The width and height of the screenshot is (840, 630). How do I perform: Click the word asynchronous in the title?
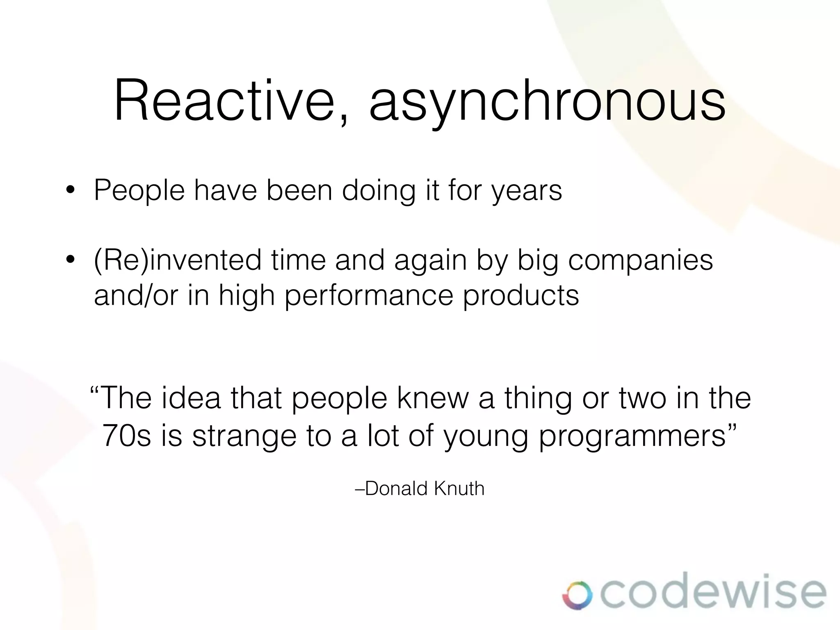(x=547, y=103)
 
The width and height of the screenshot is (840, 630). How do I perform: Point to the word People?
(x=139, y=191)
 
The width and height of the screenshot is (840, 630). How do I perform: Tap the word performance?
(x=369, y=296)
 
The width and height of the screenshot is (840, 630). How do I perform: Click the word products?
(x=521, y=296)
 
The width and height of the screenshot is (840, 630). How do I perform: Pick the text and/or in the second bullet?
(x=136, y=296)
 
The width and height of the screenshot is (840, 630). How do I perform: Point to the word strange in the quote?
(x=244, y=437)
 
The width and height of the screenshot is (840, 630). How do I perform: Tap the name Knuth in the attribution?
(x=459, y=488)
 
